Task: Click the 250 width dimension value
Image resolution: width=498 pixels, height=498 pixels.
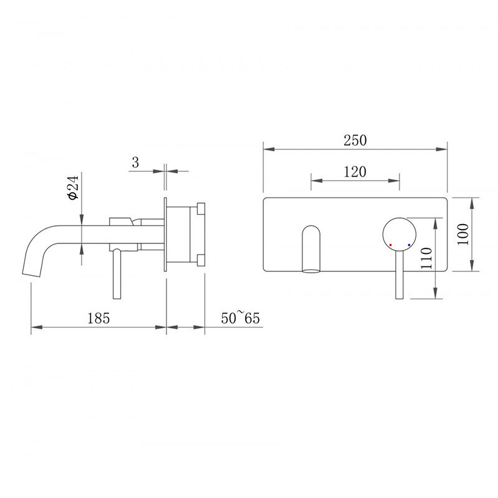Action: [355, 140]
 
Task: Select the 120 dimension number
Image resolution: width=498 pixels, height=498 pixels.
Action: [355, 172]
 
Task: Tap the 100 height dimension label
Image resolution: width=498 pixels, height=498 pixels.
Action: [463, 234]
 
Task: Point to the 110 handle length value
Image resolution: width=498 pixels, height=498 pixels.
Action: [426, 258]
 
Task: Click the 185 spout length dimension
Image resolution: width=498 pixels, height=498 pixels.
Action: [98, 318]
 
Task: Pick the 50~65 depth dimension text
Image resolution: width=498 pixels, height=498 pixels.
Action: [240, 317]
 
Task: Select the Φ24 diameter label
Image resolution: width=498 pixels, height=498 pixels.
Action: [73, 187]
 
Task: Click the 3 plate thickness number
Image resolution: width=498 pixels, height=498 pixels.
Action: [136, 162]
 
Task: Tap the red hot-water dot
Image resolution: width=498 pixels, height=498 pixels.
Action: [390, 245]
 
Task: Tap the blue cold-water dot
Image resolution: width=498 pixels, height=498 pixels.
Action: [409, 245]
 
